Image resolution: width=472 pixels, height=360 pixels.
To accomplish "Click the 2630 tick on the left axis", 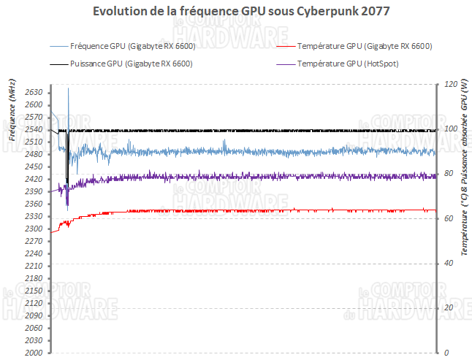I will [34, 93].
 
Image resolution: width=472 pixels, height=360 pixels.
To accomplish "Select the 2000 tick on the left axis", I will [34, 353].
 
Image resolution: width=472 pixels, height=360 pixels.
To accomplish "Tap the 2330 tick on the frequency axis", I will [34, 217].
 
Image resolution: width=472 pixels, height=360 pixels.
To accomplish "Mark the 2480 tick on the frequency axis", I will [34, 155].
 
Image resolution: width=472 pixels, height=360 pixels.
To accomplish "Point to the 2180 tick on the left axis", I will [34, 278].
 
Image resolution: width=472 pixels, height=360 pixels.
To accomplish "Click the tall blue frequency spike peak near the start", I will [69, 88].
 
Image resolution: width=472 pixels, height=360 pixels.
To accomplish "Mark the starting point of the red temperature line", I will [50, 232].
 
